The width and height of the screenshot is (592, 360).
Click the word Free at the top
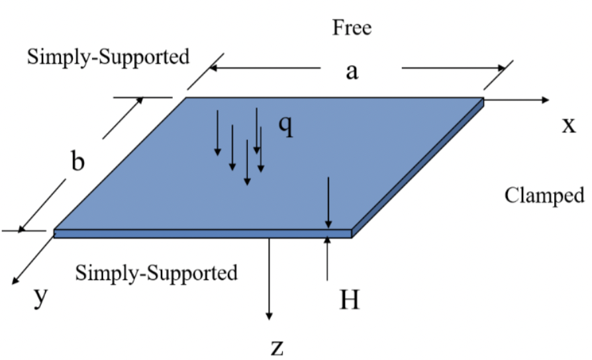pyautogui.click(x=352, y=28)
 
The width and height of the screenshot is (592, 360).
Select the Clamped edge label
pyautogui.click(x=544, y=195)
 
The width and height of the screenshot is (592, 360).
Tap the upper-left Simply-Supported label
pyautogui.click(x=108, y=57)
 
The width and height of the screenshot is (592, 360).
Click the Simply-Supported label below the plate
pyautogui.click(x=156, y=273)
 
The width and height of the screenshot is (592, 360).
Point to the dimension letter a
pyautogui.click(x=352, y=71)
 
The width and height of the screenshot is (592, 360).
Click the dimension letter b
pyautogui.click(x=77, y=161)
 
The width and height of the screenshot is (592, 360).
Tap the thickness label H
pyautogui.click(x=349, y=300)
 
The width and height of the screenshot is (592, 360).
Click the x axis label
pyautogui.click(x=568, y=125)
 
